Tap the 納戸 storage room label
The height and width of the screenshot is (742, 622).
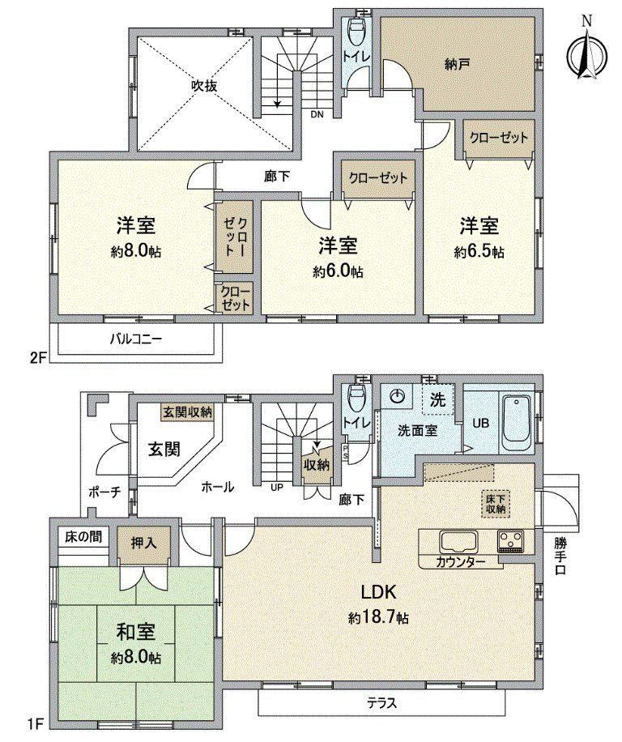(457, 65)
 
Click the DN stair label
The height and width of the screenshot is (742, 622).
(317, 114)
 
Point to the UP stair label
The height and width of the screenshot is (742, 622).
(277, 487)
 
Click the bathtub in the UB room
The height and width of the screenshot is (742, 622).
(518, 424)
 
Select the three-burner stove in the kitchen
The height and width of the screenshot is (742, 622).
(511, 540)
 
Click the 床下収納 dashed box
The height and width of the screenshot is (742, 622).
(496, 504)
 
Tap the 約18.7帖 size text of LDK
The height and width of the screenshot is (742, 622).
(378, 617)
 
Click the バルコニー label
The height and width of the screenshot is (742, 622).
(136, 339)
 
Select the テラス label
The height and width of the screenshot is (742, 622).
(381, 703)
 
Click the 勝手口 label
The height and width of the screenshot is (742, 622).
(560, 557)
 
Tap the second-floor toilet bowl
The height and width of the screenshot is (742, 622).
(356, 32)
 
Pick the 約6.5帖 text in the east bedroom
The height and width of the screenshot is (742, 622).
(479, 252)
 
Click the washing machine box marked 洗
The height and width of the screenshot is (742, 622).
(437, 399)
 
